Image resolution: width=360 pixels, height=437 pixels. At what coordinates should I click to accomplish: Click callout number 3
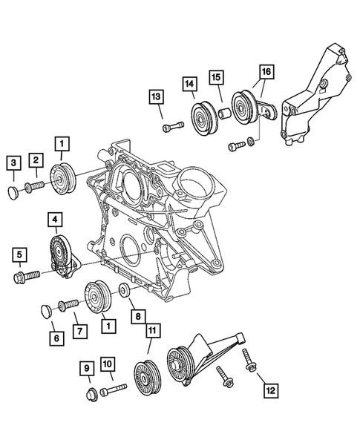coord(13,162)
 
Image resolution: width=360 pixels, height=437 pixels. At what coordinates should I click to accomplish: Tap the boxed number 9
coord(86,367)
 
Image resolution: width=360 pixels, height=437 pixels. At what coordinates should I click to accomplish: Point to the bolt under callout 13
coord(172,128)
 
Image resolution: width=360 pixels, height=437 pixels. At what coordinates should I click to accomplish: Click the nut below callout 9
coord(90,392)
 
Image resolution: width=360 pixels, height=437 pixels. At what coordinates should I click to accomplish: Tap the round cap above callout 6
coord(46,309)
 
